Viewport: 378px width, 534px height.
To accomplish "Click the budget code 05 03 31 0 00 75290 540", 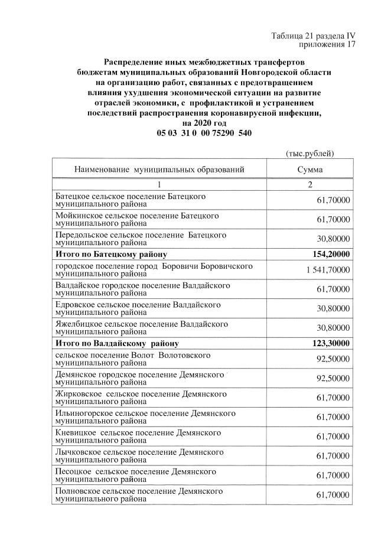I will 204,133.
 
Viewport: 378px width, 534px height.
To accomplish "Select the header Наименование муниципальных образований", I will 159,170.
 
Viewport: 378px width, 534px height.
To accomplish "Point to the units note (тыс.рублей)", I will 310,154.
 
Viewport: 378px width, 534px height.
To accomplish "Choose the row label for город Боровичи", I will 154,270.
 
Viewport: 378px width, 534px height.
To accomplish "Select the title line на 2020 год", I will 204,123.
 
